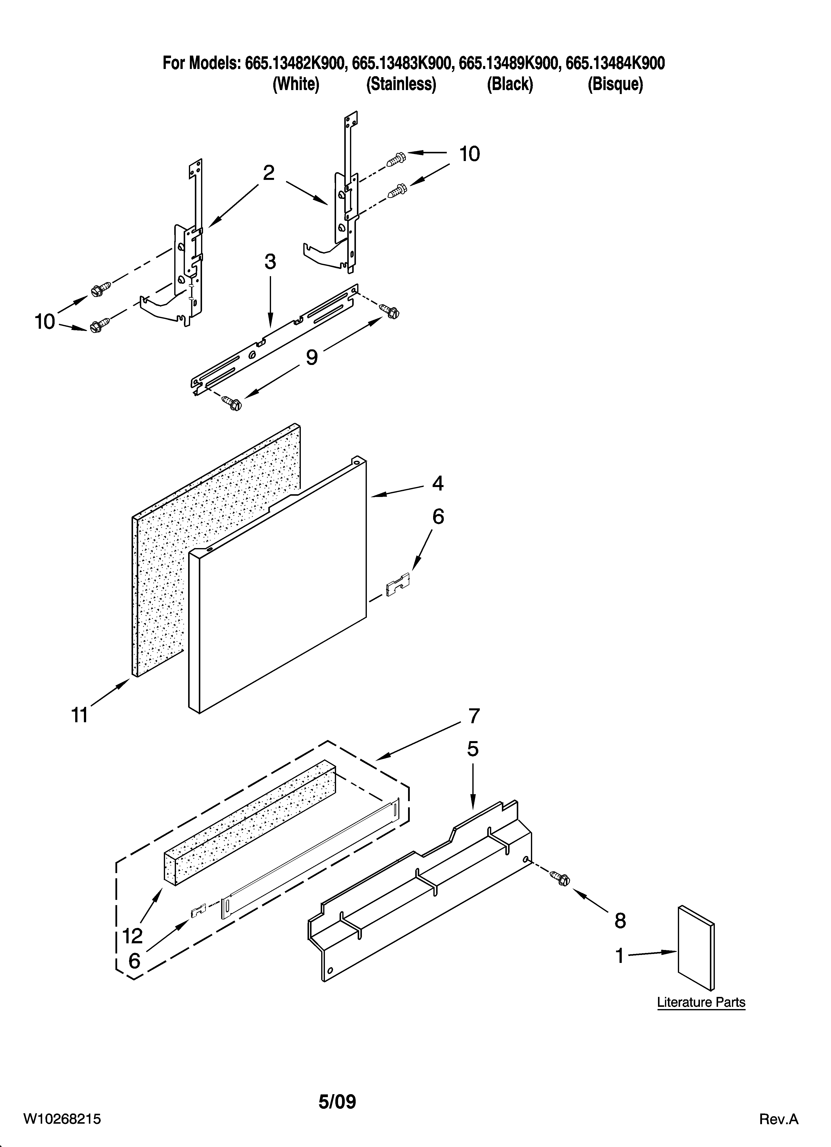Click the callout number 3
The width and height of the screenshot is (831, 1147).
(x=270, y=262)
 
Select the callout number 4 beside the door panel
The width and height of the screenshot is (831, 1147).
(x=438, y=484)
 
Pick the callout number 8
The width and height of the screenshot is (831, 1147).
(x=620, y=921)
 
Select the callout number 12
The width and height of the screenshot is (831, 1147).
(x=133, y=936)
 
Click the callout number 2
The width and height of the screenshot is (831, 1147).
(x=269, y=173)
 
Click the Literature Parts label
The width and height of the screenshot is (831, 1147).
(x=701, y=1002)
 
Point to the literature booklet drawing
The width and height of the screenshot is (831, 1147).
(x=696, y=947)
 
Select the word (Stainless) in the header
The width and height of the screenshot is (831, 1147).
(x=401, y=84)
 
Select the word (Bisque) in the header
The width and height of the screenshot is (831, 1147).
(x=615, y=84)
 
